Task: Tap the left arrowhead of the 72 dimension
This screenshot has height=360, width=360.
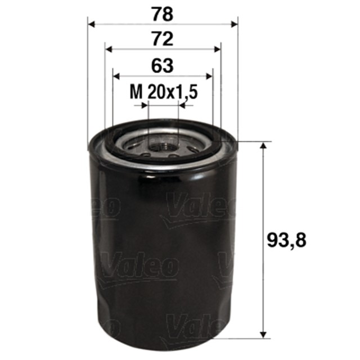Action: (109, 49)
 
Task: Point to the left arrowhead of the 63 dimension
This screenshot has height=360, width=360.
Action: (116, 76)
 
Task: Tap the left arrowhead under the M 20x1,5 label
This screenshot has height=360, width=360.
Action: (145, 105)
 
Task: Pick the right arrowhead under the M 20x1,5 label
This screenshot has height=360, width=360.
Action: (182, 105)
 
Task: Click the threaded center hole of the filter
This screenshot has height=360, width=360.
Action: (163, 147)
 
